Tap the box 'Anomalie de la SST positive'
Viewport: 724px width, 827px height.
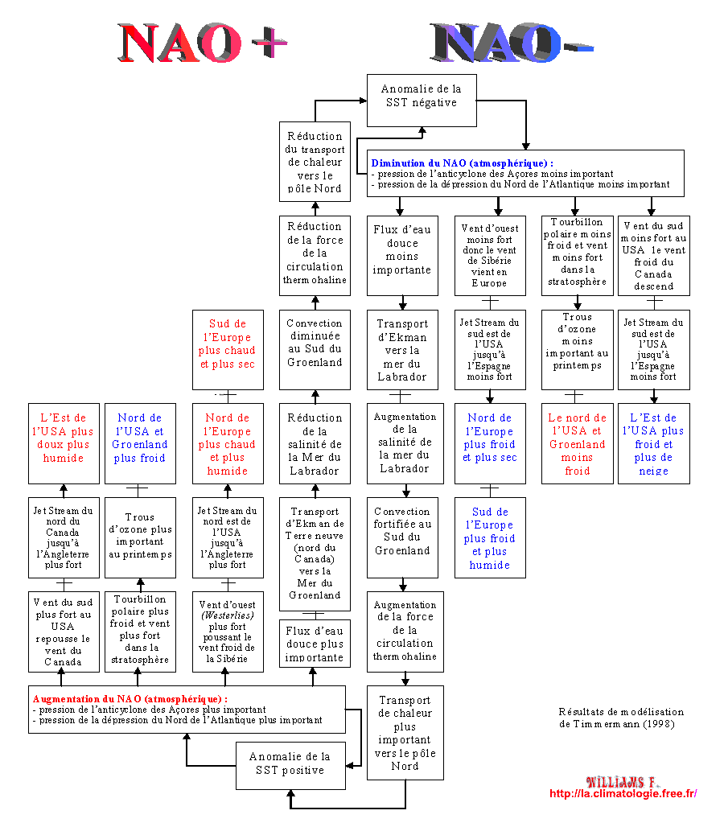289,763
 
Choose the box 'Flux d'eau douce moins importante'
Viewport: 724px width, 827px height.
402,250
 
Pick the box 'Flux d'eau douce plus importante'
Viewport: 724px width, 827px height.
315,644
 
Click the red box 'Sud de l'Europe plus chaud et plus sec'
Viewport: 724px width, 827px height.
228,344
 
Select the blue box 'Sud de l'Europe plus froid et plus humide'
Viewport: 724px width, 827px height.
491,538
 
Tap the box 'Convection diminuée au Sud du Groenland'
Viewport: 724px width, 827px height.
315,344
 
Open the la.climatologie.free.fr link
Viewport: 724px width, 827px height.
623,794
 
